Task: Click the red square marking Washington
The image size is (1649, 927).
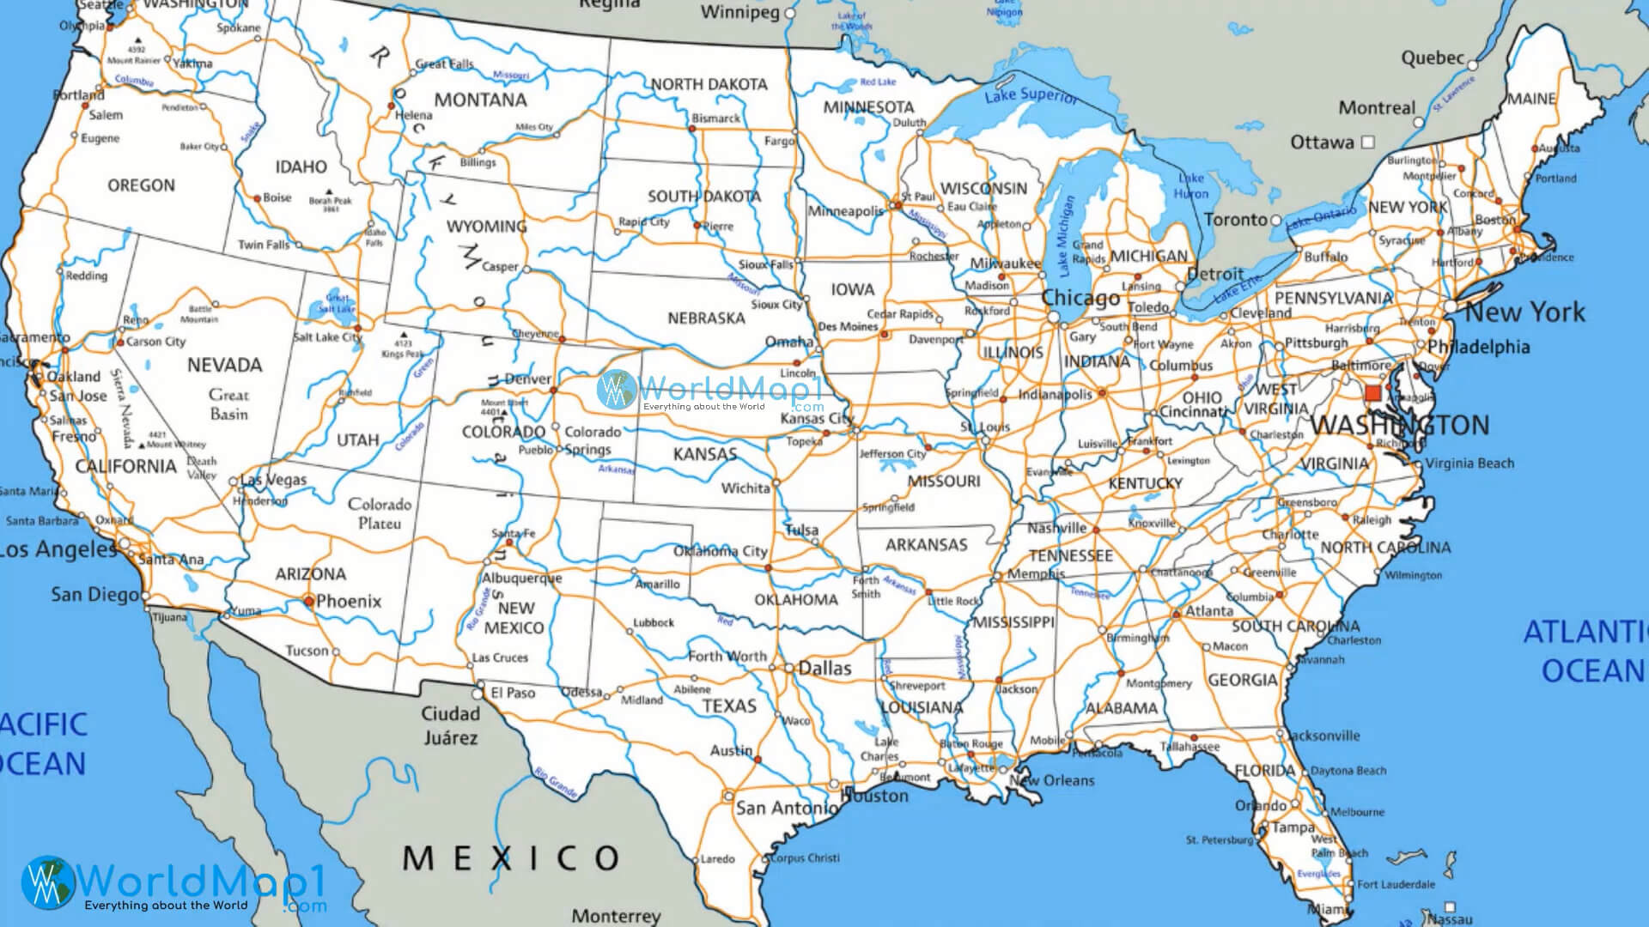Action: click(1372, 393)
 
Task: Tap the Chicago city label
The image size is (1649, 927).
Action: click(1080, 298)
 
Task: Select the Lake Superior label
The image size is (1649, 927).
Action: click(1030, 95)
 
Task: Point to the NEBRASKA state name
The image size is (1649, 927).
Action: click(706, 318)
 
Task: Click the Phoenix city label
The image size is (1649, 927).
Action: click(348, 601)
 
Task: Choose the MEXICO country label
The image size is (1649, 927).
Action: click(511, 857)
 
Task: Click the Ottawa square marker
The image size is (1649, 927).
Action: click(1368, 142)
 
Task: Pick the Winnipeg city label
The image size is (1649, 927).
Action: click(739, 12)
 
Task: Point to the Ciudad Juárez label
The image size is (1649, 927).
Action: click(450, 725)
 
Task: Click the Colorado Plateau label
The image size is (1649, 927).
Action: click(380, 513)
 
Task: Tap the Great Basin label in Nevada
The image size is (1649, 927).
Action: click(228, 404)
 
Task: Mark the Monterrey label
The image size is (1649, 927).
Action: click(616, 916)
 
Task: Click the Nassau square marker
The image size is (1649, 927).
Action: click(1450, 906)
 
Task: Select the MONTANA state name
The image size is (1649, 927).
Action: click(480, 100)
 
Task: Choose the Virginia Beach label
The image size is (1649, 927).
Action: click(1469, 463)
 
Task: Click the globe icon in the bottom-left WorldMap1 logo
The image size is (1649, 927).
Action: click(47, 882)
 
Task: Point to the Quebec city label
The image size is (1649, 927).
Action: click(1433, 58)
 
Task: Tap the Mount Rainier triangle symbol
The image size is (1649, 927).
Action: click(137, 39)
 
